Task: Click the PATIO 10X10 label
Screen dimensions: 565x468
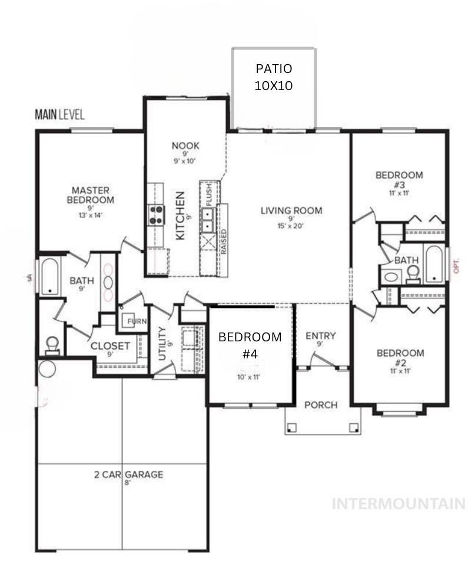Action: [274, 77]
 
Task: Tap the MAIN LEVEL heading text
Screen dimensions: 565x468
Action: [59, 114]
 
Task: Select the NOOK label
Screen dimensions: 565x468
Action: [185, 146]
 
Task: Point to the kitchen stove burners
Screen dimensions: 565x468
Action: [156, 215]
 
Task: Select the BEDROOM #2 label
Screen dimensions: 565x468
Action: [400, 358]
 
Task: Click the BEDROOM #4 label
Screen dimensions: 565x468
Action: [250, 345]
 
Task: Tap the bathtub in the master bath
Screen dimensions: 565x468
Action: [49, 276]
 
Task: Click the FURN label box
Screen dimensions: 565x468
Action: [137, 321]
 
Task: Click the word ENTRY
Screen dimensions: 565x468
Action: [320, 335]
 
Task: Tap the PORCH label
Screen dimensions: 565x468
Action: [321, 405]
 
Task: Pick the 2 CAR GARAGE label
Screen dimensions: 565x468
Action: [128, 475]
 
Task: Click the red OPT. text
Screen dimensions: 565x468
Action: [456, 266]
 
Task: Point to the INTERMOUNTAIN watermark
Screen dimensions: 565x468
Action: [399, 504]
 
